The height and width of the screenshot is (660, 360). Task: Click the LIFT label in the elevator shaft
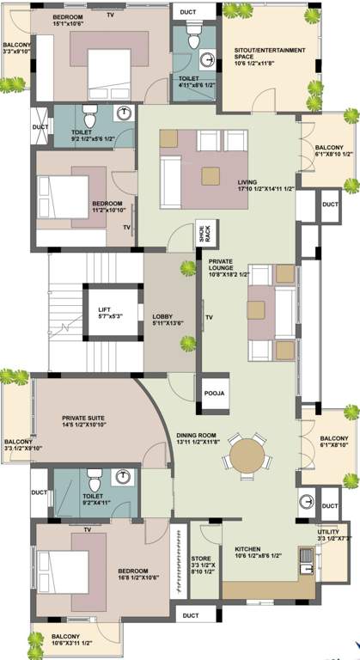[x=104, y=309]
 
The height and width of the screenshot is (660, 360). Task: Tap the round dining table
[x=248, y=452]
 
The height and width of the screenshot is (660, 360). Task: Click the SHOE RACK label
[x=206, y=233]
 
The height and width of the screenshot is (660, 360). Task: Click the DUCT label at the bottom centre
[x=190, y=615]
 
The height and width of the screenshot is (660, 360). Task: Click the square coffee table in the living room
[x=211, y=174]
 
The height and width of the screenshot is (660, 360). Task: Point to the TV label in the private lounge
[x=209, y=317]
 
